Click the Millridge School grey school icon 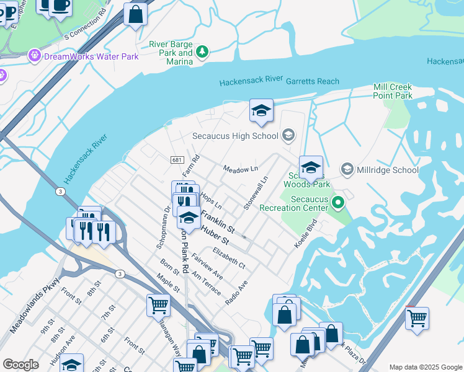[x=347, y=169]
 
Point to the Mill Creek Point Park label [x=393, y=92]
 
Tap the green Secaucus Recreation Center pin [x=337, y=202]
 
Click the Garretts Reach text [x=312, y=81]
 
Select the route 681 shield [x=177, y=160]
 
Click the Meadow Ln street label [x=240, y=169]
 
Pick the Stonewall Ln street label [x=255, y=193]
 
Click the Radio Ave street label [x=236, y=291]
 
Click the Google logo [x=20, y=365]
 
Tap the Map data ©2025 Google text [x=425, y=367]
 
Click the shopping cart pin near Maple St [x=158, y=305]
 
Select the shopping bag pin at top [x=135, y=14]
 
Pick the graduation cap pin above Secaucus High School [x=261, y=111]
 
